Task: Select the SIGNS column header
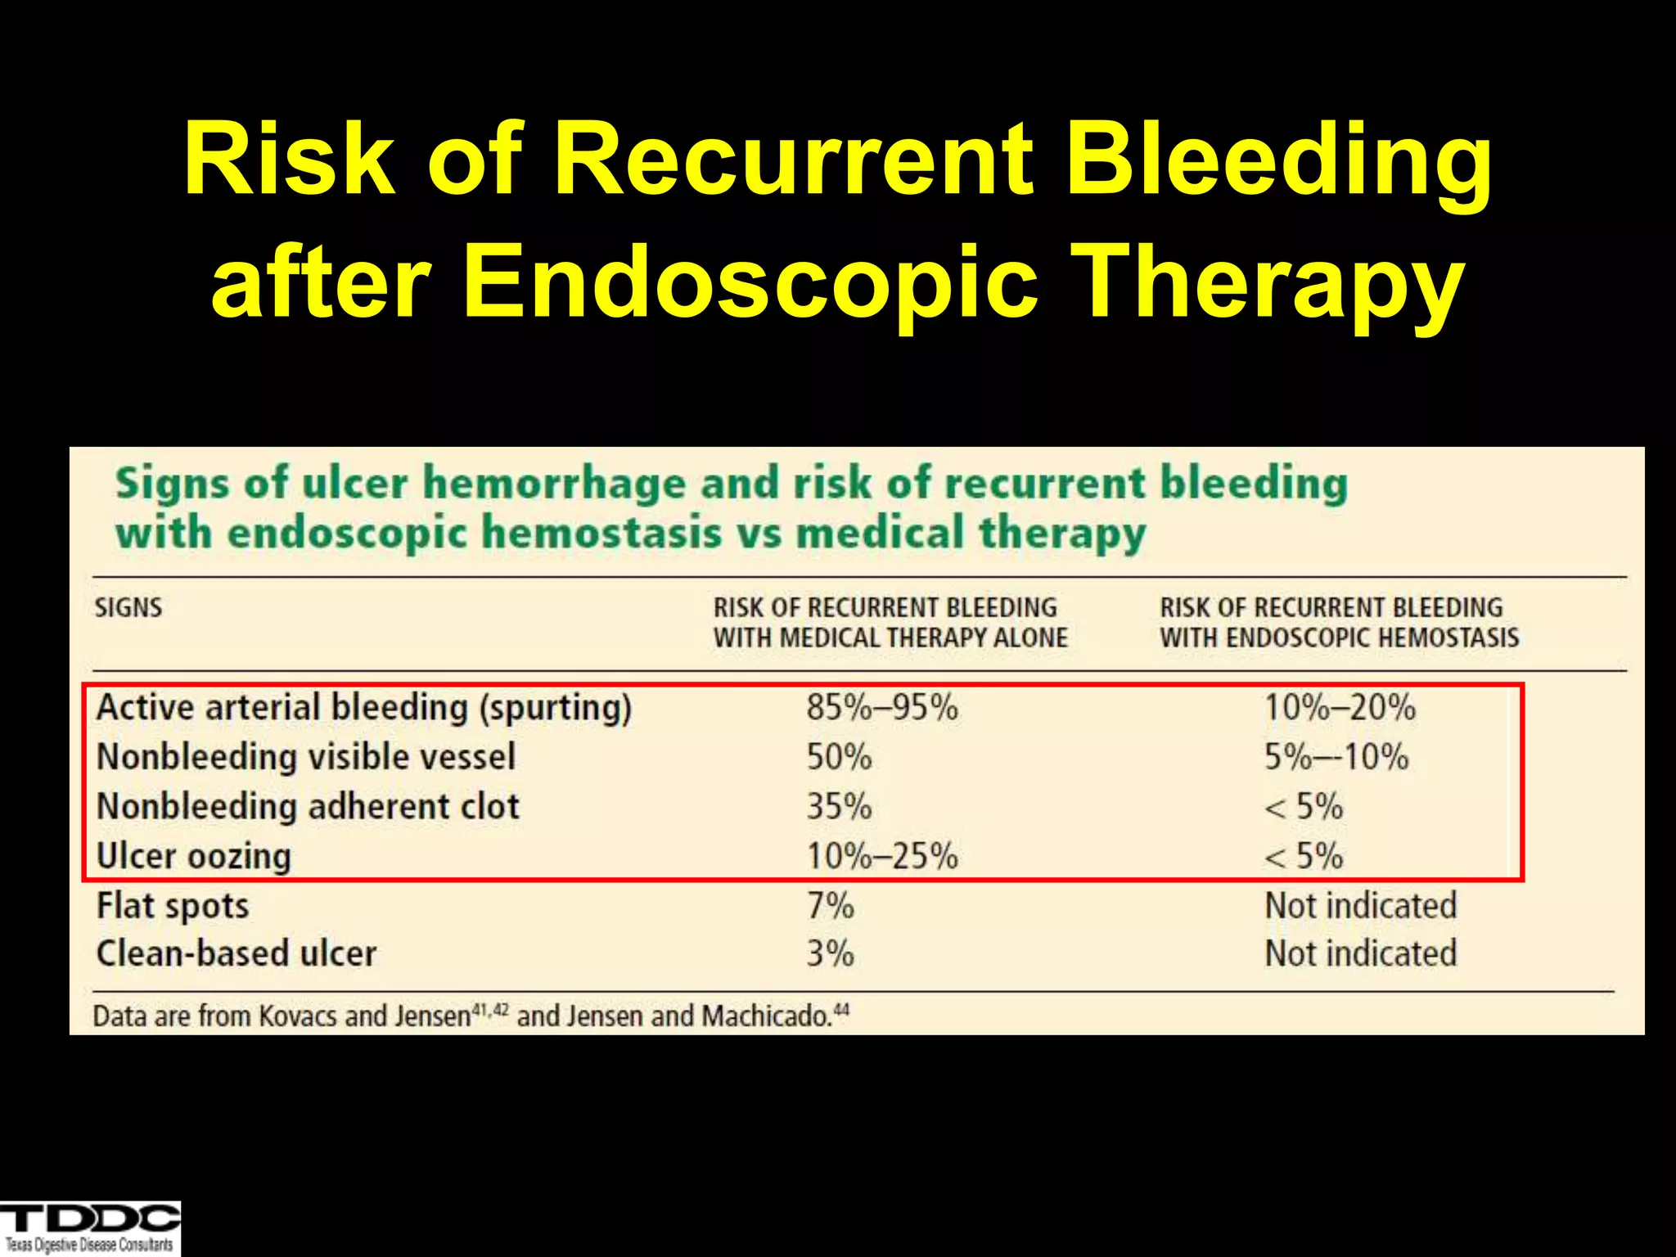click(128, 608)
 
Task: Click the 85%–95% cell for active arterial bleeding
click(881, 708)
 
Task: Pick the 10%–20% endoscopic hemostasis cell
click(1340, 708)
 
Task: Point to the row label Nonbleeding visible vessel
click(306, 757)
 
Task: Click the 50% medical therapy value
click(839, 757)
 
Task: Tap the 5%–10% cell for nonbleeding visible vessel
click(1336, 757)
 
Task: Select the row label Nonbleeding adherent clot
click(308, 807)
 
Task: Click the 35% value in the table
click(839, 807)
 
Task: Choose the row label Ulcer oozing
click(194, 857)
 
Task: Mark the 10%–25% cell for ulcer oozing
click(881, 857)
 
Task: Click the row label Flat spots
click(173, 906)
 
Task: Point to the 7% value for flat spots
click(830, 906)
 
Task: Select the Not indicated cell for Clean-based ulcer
click(1360, 954)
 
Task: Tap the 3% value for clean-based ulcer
click(830, 954)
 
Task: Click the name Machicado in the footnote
click(766, 1016)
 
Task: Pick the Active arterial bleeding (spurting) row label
click(364, 708)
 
